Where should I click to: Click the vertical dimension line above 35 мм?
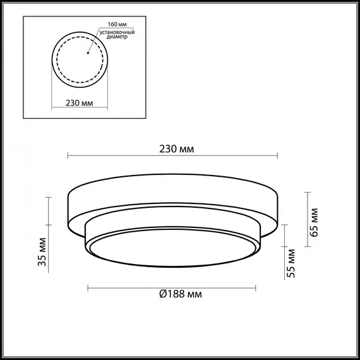click(x=49, y=212)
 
